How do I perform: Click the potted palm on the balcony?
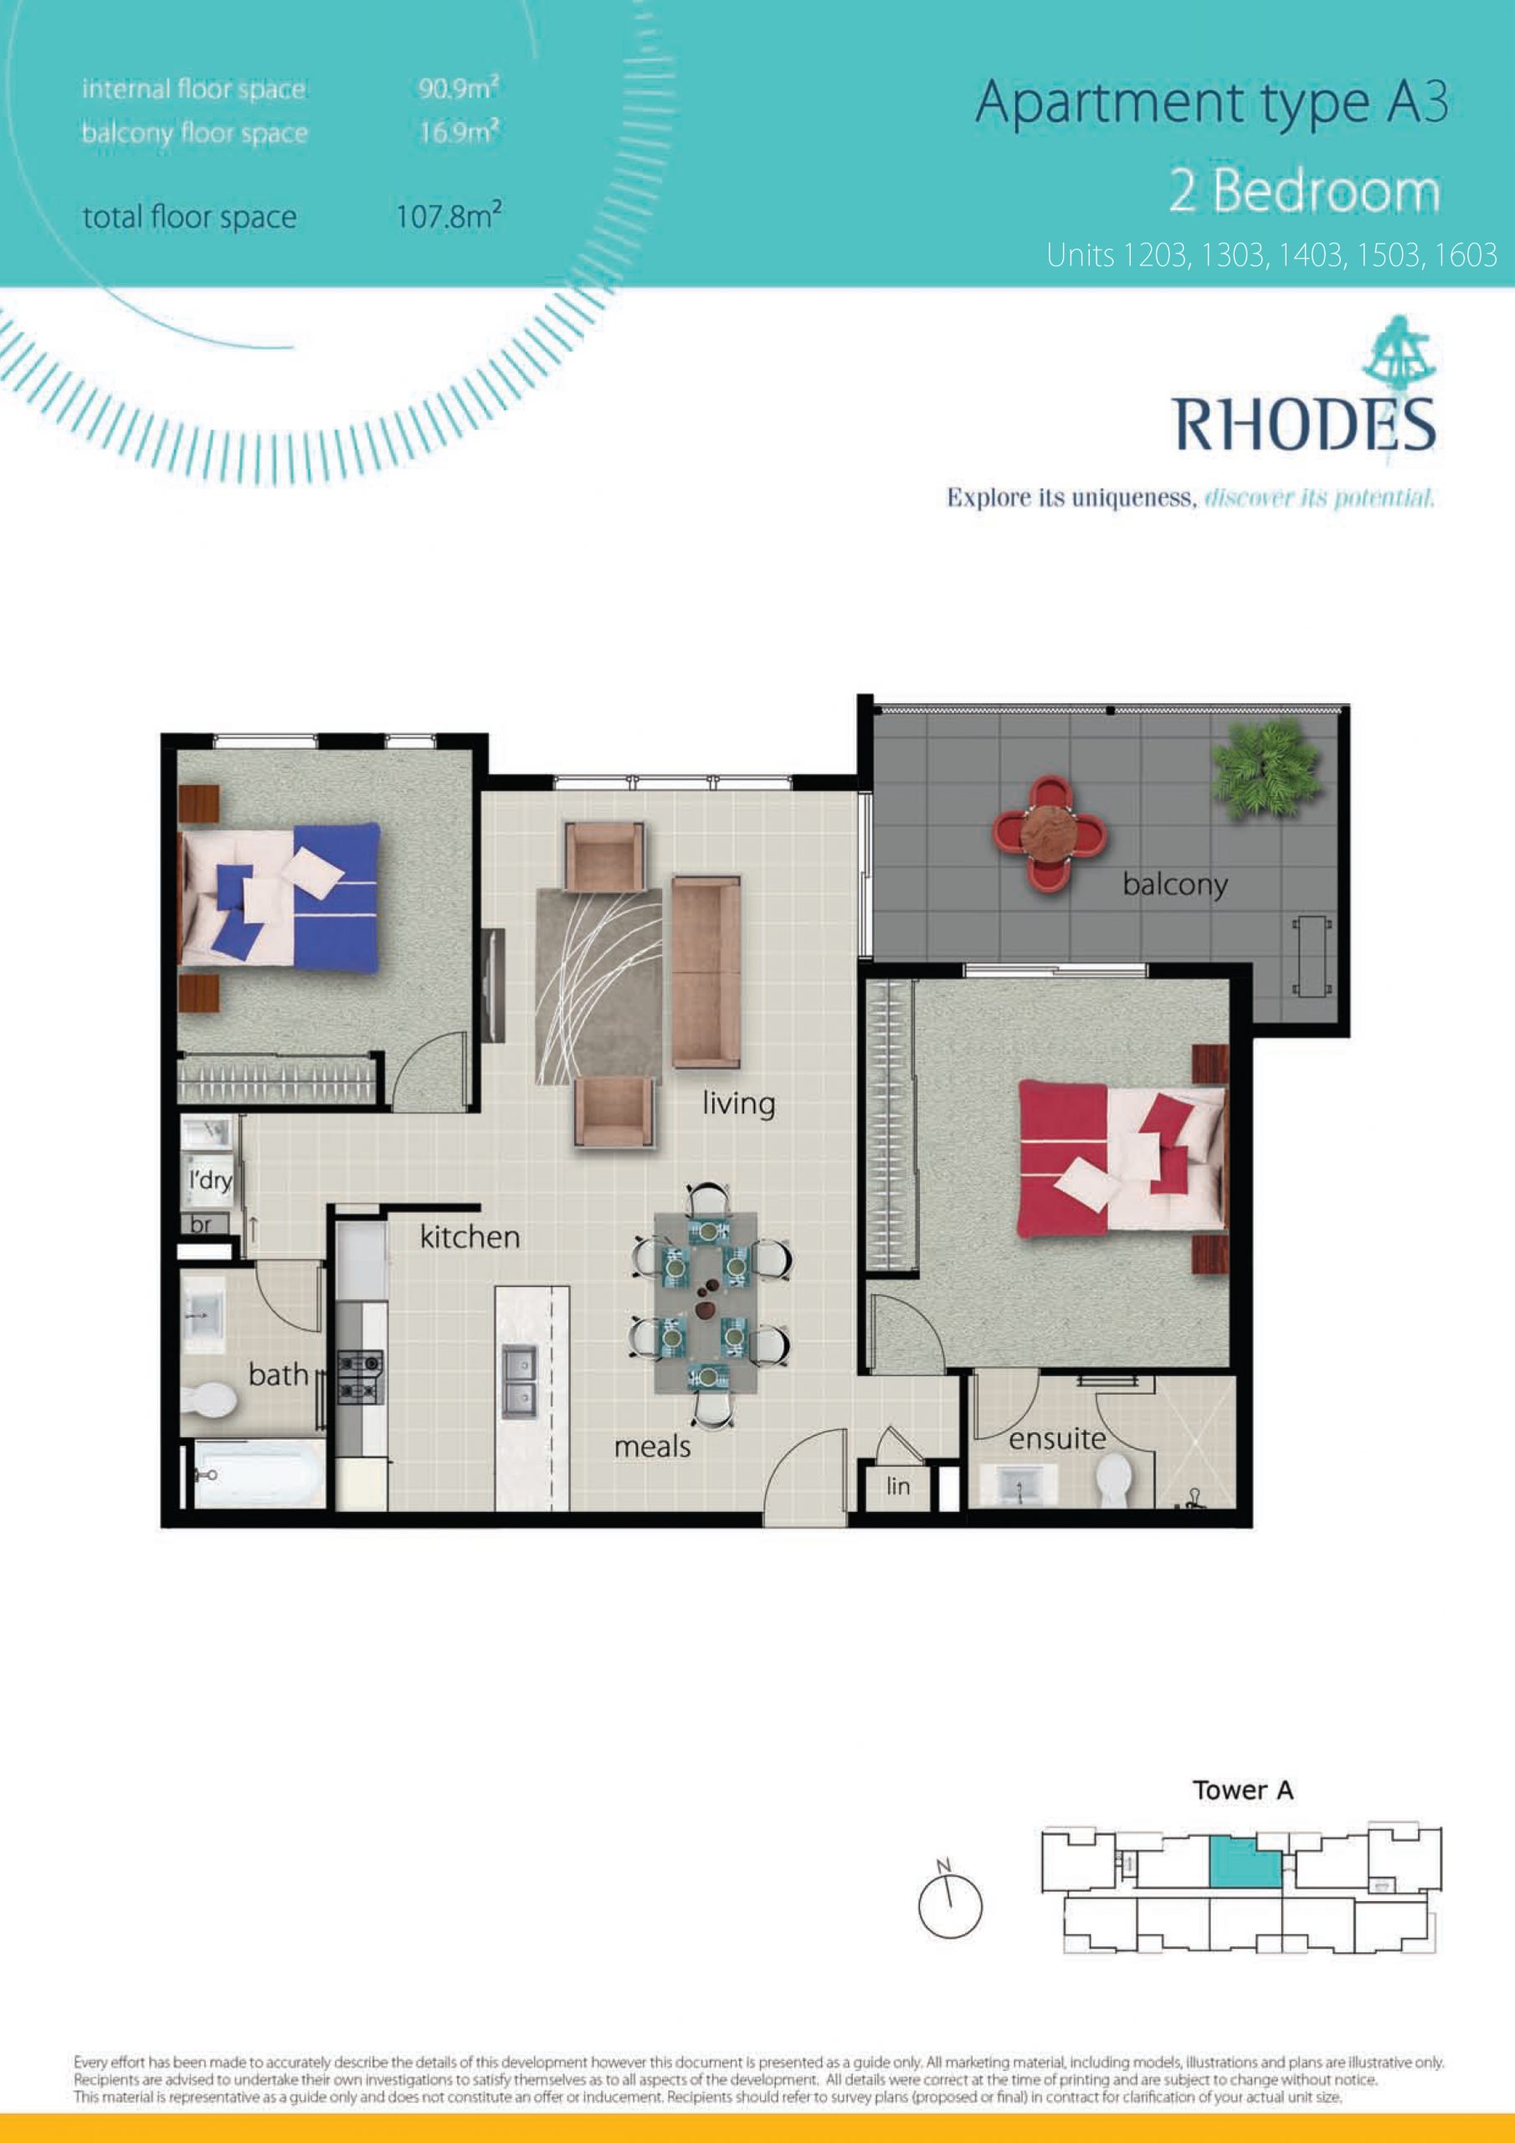pos(1265,771)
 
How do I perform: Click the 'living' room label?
pos(738,1104)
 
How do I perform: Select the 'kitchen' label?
pos(470,1236)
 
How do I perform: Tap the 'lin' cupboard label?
pos(898,1485)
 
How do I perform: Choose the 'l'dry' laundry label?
pos(210,1180)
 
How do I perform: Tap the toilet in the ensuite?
pos(1112,1479)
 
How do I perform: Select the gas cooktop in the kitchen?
pos(359,1378)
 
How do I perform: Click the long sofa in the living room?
pos(706,971)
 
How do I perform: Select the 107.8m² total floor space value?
pos(449,217)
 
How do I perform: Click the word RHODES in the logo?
pos(1304,424)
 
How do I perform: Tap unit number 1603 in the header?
pos(1466,254)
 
